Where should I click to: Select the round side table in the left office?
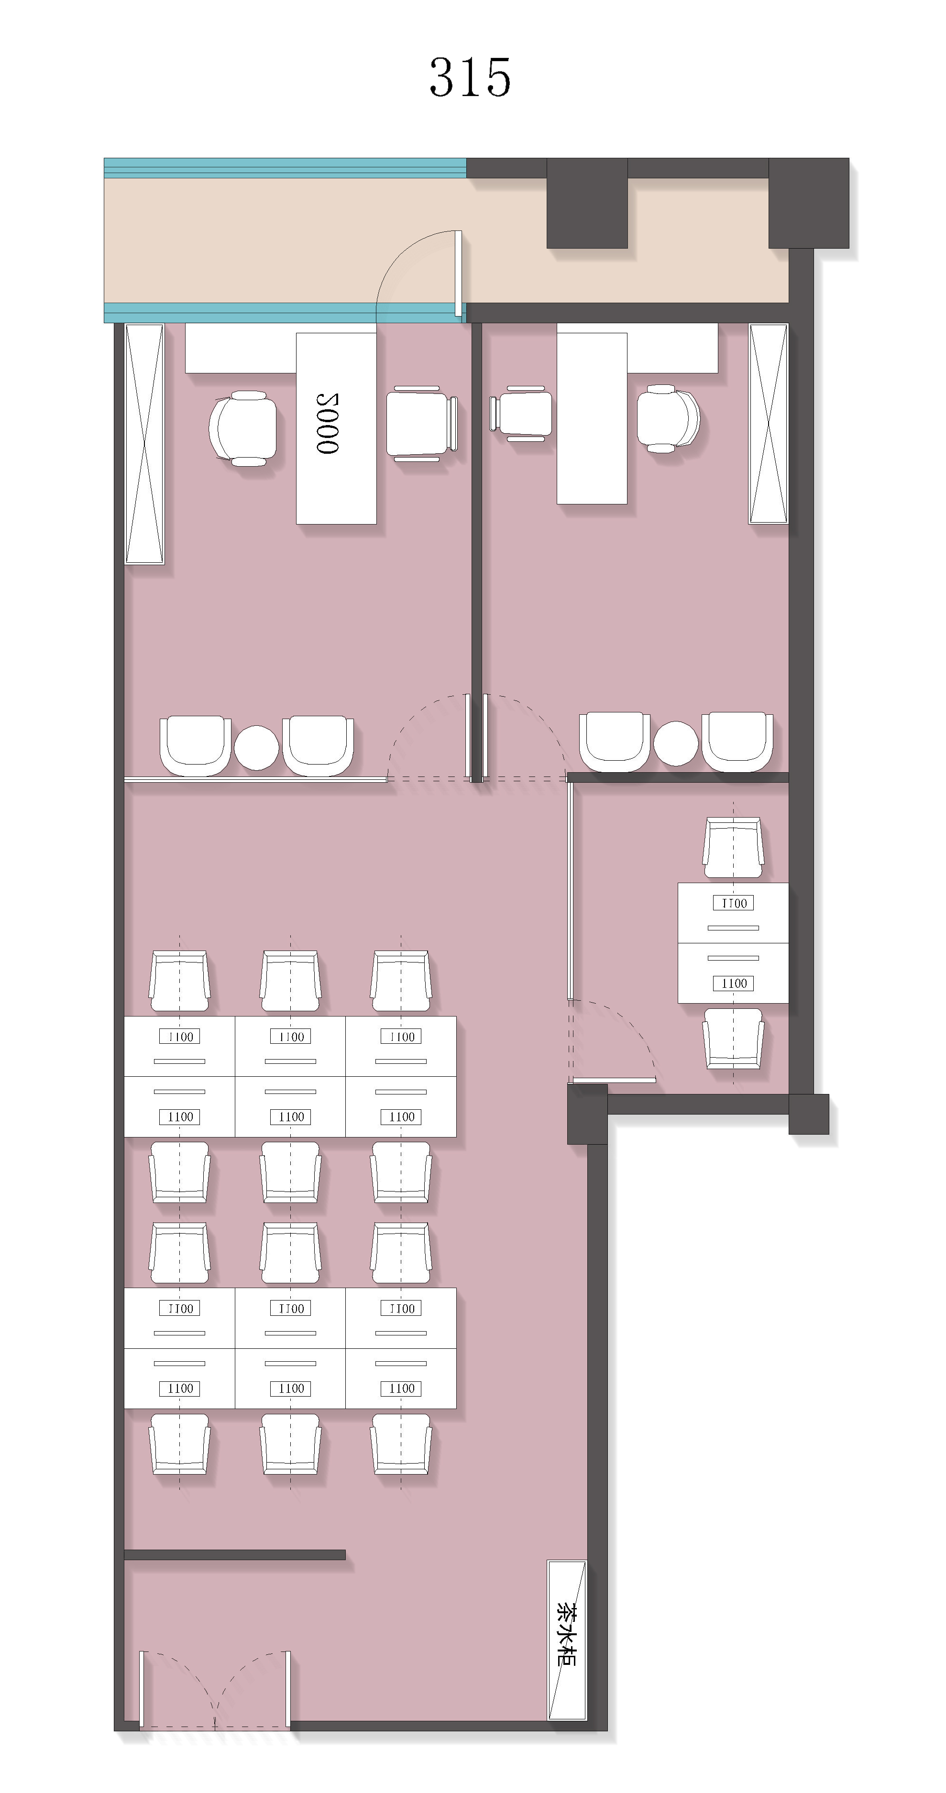point(256,747)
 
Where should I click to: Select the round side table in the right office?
point(675,743)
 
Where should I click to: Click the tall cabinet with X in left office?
point(144,443)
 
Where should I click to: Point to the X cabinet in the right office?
point(768,423)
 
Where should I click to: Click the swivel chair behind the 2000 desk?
point(243,428)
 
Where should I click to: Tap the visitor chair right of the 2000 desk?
point(422,423)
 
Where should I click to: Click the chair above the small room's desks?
point(733,848)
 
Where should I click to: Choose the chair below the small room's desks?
point(733,1039)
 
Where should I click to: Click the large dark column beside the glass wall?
point(587,203)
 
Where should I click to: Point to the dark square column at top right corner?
point(809,203)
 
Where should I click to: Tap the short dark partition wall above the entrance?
point(234,1555)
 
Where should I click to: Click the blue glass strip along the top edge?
point(286,168)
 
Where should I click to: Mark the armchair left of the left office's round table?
point(196,745)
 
